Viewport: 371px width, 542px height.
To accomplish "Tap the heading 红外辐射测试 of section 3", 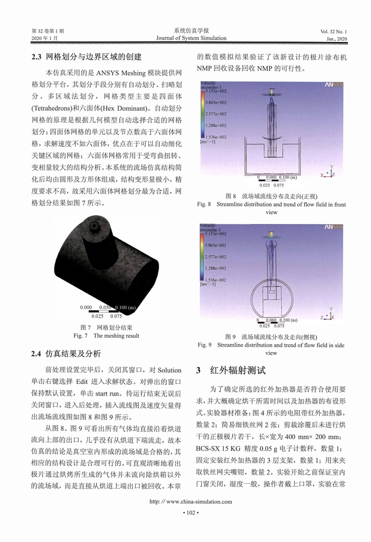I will pyautogui.click(x=238, y=370).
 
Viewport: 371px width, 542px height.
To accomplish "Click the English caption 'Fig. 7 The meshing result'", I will pyautogui.click(x=106, y=336).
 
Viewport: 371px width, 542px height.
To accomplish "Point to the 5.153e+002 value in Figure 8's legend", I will pyautogui.click(x=216, y=91).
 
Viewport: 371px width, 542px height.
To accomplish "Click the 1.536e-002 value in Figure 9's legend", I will pyautogui.click(x=216, y=280).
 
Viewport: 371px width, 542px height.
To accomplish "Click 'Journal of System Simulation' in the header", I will pyautogui.click(x=191, y=38).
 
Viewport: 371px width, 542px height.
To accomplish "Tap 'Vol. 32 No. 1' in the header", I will pyautogui.click(x=333, y=31).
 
